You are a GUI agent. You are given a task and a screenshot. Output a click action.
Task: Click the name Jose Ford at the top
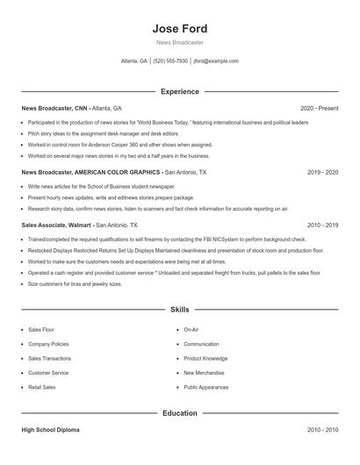coord(179,28)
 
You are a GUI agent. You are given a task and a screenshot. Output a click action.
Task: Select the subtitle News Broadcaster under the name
coord(179,42)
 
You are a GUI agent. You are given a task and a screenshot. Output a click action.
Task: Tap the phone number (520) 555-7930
coord(170,61)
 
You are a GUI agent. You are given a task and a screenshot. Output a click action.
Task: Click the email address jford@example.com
coord(216,61)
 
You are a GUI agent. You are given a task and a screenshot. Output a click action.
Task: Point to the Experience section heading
coord(179,91)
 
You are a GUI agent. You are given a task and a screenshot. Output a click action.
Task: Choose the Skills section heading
coord(179,310)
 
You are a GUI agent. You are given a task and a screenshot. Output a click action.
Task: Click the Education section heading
coord(179,413)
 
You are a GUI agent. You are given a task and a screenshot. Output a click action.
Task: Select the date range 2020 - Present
coord(319,108)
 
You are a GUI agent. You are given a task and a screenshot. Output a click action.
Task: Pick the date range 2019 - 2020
coord(322,173)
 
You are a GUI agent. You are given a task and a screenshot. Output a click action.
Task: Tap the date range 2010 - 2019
coord(322,225)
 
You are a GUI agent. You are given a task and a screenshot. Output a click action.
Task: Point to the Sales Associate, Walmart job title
coord(56,225)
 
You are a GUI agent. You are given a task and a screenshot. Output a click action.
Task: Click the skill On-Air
coord(191,330)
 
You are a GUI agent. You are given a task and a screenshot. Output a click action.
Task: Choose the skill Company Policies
coord(48,344)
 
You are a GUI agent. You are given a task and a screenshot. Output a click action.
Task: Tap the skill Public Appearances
coord(206,387)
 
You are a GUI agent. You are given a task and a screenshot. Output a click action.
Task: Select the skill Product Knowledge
coord(205,358)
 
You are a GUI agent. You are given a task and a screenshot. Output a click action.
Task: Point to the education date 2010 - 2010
coord(322,430)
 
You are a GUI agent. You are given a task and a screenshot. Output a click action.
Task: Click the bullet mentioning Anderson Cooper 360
coord(119,145)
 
